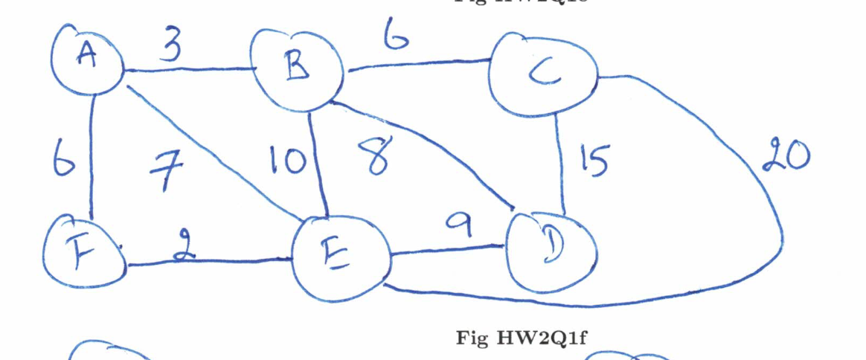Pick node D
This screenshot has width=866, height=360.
click(551, 248)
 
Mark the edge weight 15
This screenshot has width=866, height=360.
click(594, 160)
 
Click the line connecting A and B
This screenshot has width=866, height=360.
click(190, 71)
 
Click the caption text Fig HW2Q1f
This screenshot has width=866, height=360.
click(522, 339)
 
